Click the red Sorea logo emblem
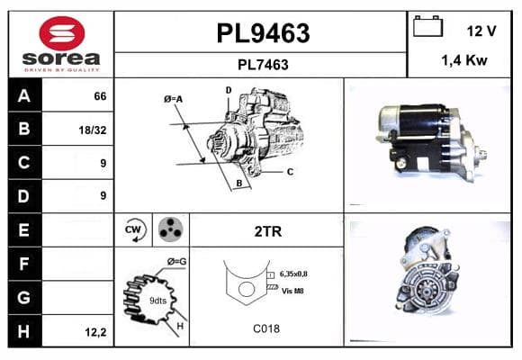coord(62,33)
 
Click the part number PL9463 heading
coord(263,33)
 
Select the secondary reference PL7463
coord(263,65)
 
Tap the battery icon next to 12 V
coord(427,26)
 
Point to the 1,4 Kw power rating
coord(464,60)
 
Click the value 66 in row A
coord(100,96)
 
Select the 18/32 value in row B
coord(93,130)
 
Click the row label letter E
coord(23,229)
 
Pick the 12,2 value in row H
coord(95,332)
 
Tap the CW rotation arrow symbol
coord(135,229)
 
